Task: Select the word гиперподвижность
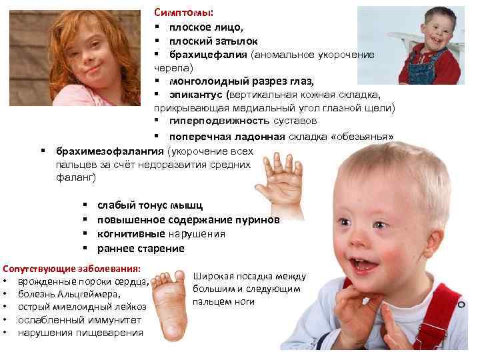[x=210, y=121]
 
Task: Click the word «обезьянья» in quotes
[x=363, y=137]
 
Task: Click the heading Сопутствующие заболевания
[x=72, y=269]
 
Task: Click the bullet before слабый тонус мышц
[x=85, y=205]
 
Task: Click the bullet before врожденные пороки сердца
[x=5, y=281]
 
